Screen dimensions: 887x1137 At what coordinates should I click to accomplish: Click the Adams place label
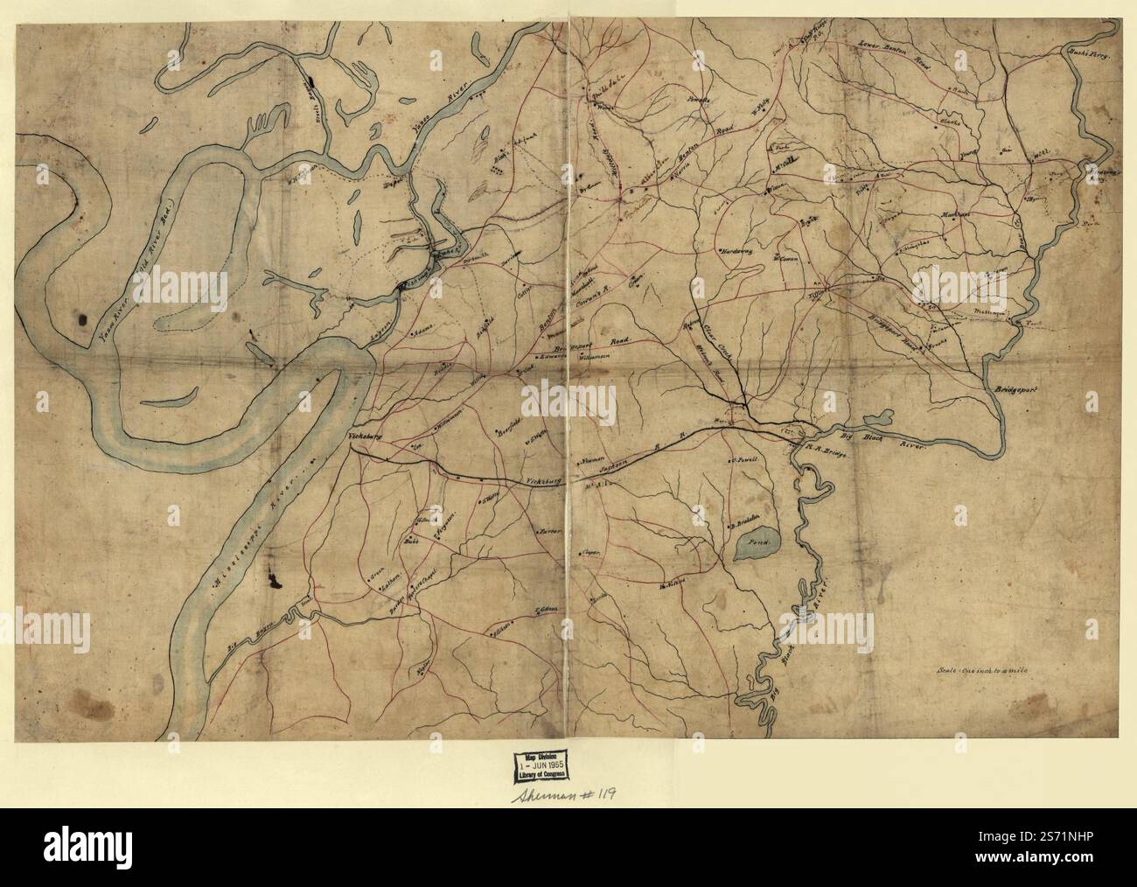427,334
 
